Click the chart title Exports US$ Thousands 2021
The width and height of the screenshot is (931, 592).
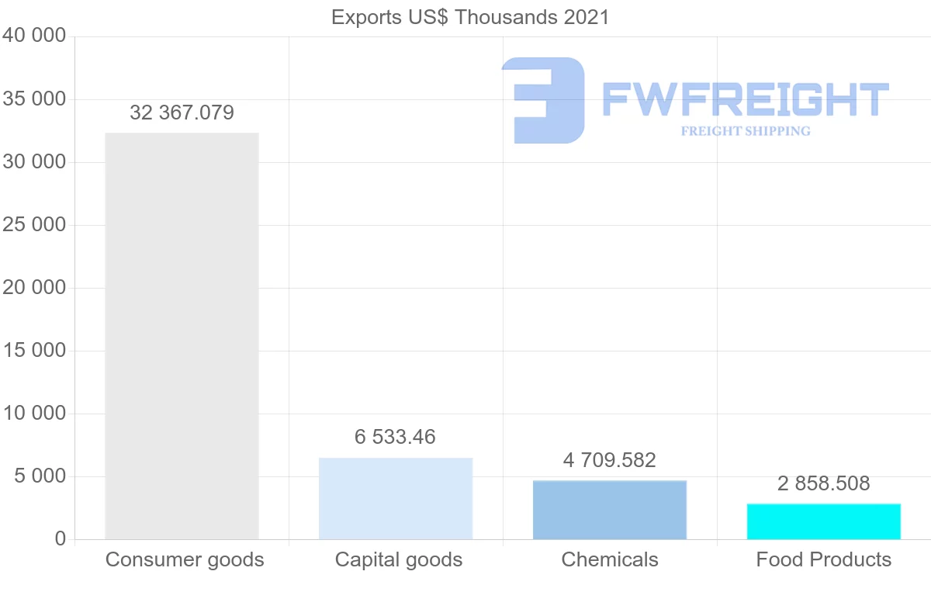point(470,17)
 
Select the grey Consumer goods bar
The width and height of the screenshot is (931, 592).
point(182,336)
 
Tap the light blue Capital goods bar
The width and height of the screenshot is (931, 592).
point(396,498)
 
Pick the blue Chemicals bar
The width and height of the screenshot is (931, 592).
point(610,510)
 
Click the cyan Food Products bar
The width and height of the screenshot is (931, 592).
point(824,521)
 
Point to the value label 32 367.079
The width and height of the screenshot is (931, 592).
point(182,113)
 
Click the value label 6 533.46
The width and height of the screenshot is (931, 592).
point(395,438)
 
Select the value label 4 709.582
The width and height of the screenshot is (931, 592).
point(610,461)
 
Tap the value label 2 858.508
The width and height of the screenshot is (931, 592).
point(824,484)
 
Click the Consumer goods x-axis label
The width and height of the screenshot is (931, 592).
point(185,559)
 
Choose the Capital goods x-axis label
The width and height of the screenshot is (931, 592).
point(399,559)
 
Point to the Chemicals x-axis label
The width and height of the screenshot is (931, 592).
point(610,559)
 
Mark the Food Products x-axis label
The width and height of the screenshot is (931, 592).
point(824,559)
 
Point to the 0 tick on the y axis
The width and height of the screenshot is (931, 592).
point(60,539)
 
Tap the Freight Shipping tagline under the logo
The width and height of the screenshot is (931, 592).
point(746,131)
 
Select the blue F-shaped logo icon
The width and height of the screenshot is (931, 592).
point(543,99)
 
